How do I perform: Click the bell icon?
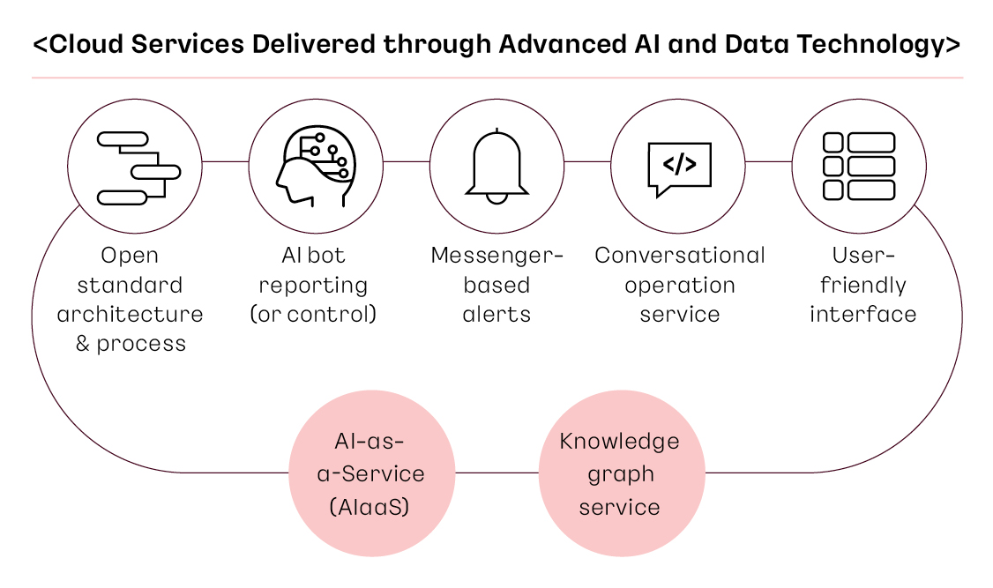(x=497, y=167)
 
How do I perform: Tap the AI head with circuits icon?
(x=316, y=166)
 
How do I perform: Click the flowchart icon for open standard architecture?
(x=138, y=167)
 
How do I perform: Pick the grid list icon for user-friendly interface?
(x=859, y=166)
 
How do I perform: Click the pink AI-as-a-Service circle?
(x=372, y=473)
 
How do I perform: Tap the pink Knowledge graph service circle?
(x=621, y=473)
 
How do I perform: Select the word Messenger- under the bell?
(x=497, y=255)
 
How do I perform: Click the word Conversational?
(x=680, y=255)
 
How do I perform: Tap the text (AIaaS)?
(x=370, y=507)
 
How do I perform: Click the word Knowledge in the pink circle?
(x=619, y=441)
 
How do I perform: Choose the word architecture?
(x=130, y=314)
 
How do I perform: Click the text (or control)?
(x=313, y=314)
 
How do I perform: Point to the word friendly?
(x=863, y=286)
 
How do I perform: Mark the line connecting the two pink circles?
(x=497, y=473)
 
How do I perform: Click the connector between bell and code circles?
(x=587, y=161)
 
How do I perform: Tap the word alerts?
(x=496, y=314)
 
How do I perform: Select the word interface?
(x=863, y=314)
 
